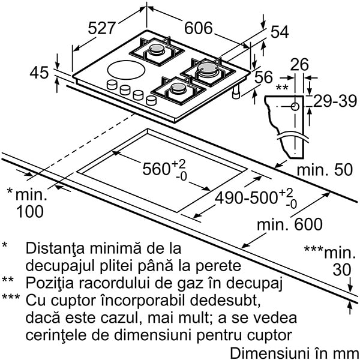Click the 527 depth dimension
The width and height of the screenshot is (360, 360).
101,28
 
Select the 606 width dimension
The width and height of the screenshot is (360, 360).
199,28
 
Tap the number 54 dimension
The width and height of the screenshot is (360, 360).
280,32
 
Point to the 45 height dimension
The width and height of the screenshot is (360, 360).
39,73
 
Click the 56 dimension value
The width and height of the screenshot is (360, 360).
263,77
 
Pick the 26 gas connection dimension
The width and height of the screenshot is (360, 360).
299,65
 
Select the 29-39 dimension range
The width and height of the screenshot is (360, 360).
335,101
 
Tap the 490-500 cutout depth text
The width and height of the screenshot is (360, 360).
246,198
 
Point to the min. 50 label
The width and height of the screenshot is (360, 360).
325,170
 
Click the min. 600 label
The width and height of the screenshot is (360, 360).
290,224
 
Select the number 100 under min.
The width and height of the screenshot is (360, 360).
30,211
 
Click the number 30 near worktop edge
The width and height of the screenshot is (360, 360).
342,270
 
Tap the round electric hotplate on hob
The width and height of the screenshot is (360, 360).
126,70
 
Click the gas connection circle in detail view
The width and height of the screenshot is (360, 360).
295,107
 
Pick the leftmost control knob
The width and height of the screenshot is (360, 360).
112,84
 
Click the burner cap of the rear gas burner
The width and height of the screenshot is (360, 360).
157,48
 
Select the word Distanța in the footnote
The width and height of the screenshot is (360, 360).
55,249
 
